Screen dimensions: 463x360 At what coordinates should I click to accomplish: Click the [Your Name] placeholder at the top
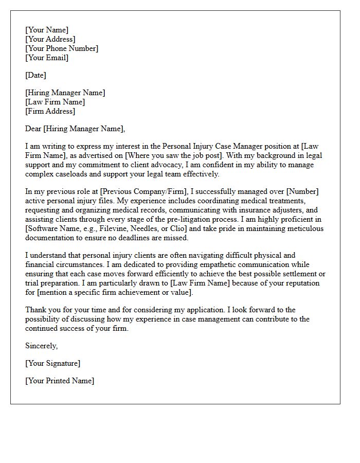point(47,30)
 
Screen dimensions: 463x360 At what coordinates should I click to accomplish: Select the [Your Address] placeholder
point(50,39)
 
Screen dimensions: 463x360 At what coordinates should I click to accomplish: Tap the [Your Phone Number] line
point(62,48)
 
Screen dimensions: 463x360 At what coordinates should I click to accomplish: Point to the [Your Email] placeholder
point(47,58)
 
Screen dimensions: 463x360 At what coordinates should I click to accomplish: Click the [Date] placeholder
point(35,75)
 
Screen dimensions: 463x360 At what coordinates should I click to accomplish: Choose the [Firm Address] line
point(50,111)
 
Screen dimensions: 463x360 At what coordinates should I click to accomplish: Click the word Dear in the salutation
point(33,129)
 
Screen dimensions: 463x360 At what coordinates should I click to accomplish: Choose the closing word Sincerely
point(41,346)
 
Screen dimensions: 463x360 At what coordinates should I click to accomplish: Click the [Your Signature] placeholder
point(52,363)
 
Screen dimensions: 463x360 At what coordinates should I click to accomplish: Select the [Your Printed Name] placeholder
point(60,381)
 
